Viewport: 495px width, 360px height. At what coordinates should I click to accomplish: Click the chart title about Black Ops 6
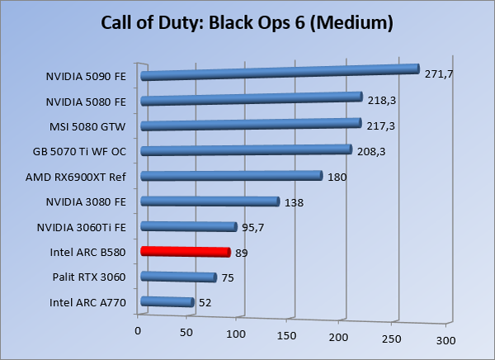[247, 22]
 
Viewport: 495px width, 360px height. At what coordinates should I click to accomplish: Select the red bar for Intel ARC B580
[186, 252]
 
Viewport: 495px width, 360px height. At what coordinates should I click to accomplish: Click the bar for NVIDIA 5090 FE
[280, 73]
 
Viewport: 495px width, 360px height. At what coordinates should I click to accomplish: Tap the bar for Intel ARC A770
[167, 302]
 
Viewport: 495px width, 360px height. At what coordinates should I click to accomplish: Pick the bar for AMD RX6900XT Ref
[231, 176]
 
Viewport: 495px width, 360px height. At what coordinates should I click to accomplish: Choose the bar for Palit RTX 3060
[179, 277]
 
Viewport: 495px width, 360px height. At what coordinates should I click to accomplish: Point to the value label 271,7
[440, 74]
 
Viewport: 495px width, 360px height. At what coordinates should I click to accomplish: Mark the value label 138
[294, 202]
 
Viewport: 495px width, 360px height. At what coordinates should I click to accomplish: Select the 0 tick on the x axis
[138, 331]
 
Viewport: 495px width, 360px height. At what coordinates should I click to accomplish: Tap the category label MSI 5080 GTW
[88, 128]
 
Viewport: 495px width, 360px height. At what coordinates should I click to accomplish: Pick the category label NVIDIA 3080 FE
[87, 201]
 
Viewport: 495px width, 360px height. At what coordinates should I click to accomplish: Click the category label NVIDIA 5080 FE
[87, 102]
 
